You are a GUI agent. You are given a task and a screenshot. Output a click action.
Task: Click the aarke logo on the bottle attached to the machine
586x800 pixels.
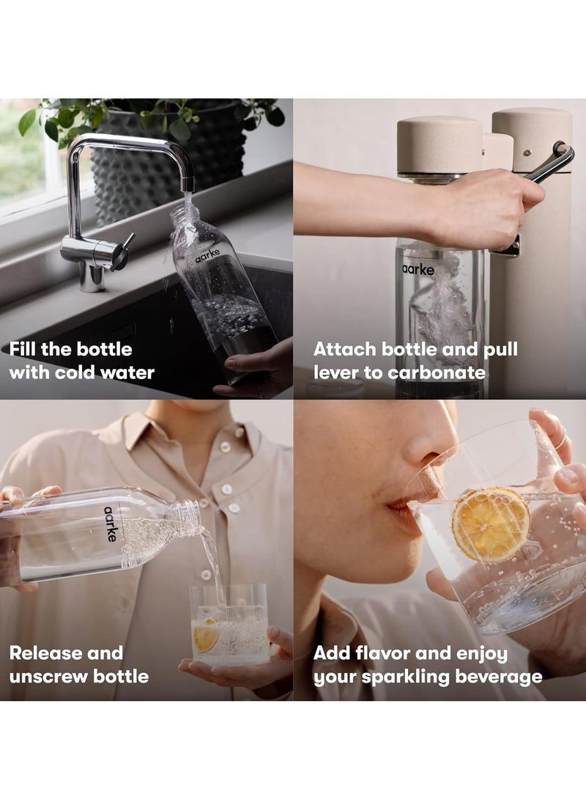(418, 269)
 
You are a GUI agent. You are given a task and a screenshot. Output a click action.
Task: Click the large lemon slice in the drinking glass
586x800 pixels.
(490, 524)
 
